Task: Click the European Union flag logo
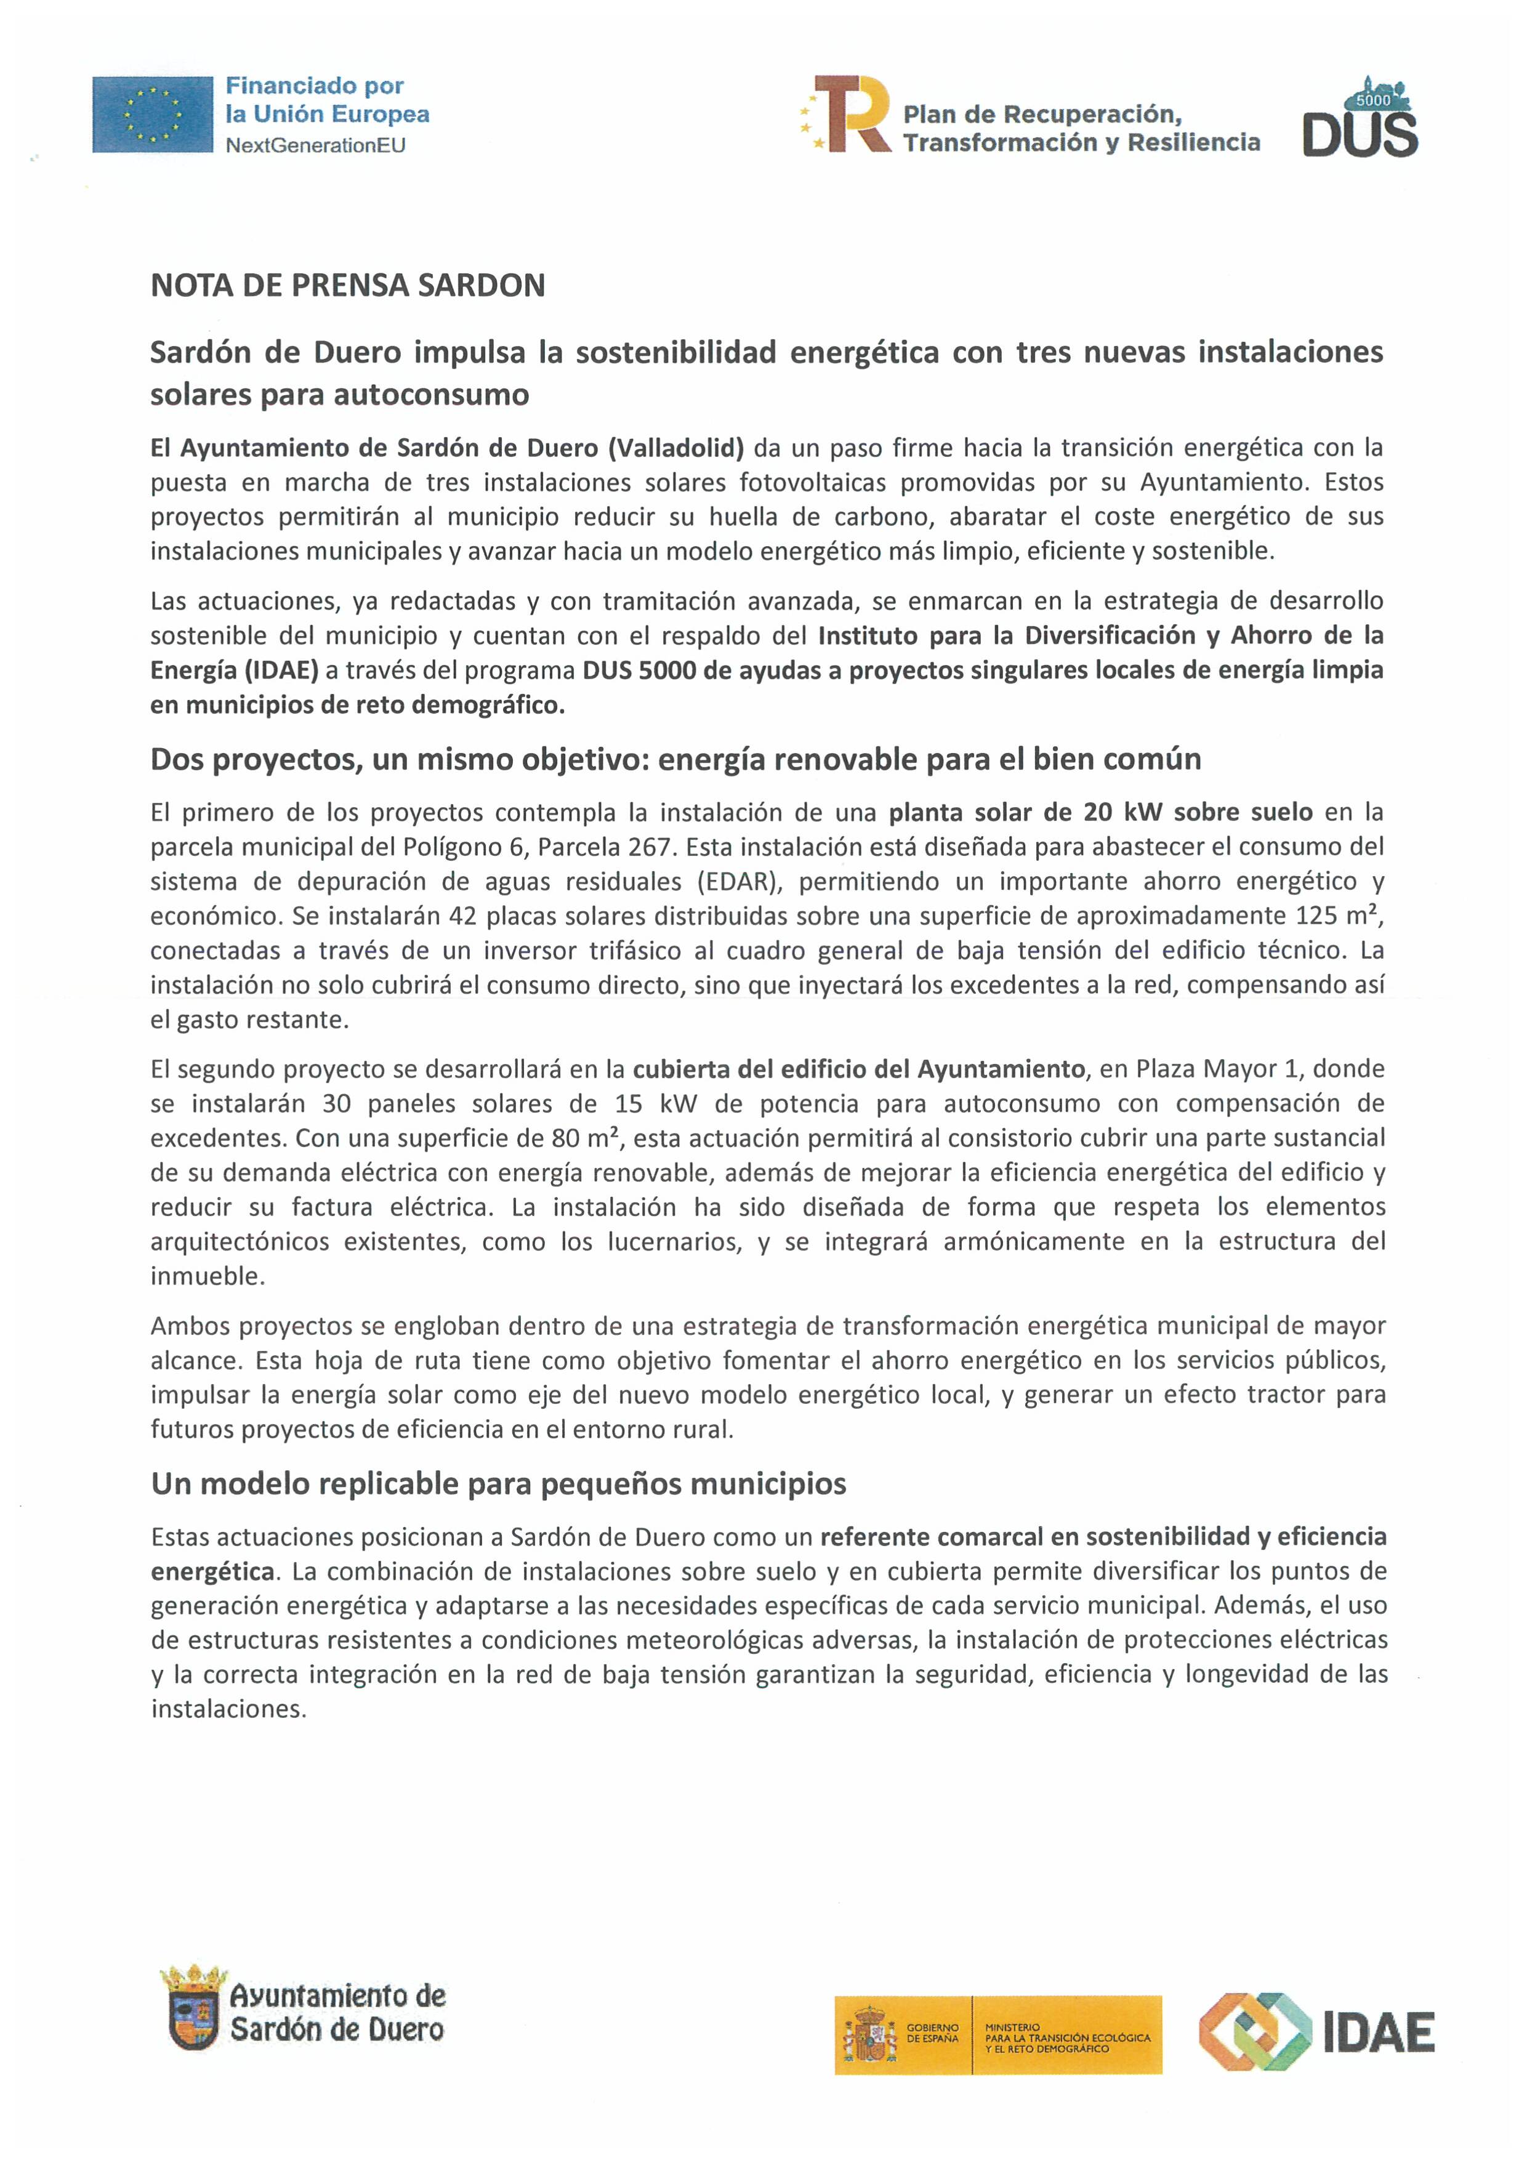coord(153,114)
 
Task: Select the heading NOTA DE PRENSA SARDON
coord(347,286)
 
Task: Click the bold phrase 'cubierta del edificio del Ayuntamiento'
coord(859,1069)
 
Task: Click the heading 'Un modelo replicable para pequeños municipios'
coord(499,1483)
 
